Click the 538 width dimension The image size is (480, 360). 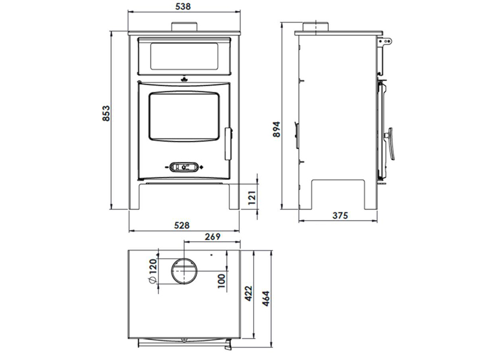pos(183,6)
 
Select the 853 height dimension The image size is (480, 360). pos(106,113)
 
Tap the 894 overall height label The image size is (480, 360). pos(277,129)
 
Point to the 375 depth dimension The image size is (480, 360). pos(340,215)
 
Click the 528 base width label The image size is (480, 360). pos(182,226)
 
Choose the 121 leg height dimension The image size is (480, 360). pos(251,198)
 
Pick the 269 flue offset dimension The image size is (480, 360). pos(212,236)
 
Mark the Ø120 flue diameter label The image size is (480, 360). pos(153,271)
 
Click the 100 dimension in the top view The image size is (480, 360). pos(221,281)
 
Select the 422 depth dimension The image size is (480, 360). pos(248,293)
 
